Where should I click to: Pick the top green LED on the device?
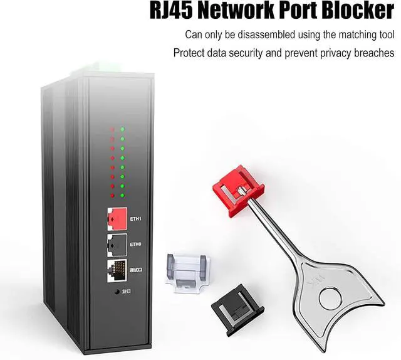click(122, 129)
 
